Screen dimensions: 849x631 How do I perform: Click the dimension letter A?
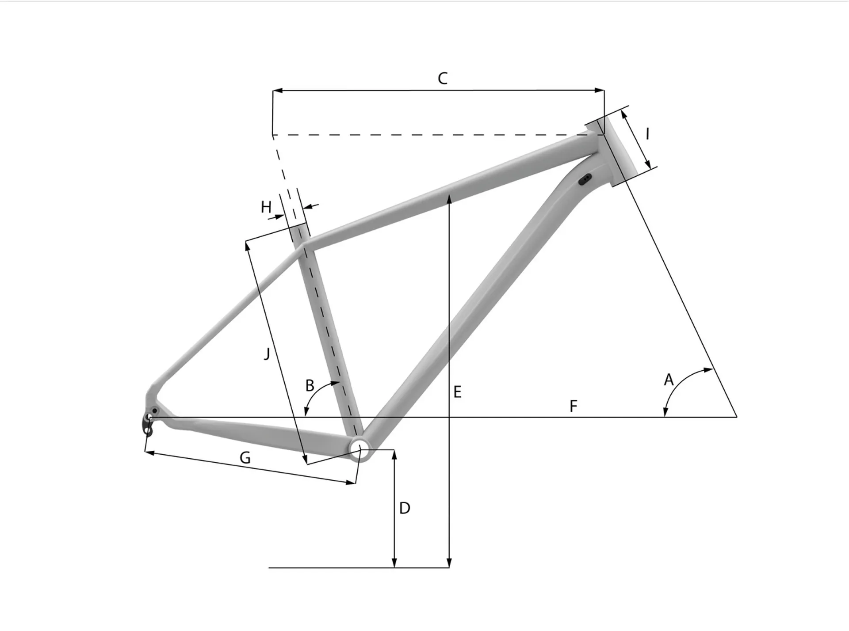[x=669, y=380]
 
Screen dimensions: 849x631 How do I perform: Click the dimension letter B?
[x=310, y=386]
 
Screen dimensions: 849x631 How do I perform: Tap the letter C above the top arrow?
[x=443, y=79]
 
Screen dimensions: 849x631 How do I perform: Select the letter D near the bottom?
[x=405, y=508]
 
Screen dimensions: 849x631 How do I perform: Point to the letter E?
[x=458, y=392]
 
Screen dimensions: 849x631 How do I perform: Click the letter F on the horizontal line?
[x=574, y=406]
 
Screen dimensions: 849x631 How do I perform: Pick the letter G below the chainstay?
[x=245, y=458]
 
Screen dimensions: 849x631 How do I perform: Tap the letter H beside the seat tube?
[x=266, y=207]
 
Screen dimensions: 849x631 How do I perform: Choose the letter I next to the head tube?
[x=648, y=133]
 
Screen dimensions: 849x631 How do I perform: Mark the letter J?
[x=267, y=354]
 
